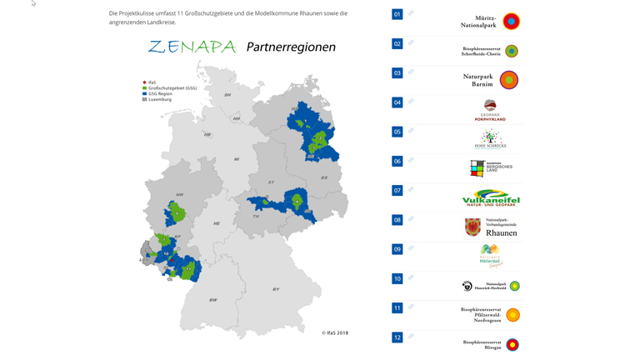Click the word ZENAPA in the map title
192,47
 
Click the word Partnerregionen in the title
291,47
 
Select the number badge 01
397,14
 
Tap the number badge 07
397,191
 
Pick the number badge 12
397,337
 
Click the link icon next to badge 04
411,102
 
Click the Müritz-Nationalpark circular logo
511,22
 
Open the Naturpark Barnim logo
508,80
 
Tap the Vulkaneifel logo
491,197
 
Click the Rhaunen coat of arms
473,227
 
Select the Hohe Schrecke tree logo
490,138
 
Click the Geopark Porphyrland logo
490,109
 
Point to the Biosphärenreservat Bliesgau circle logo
512,345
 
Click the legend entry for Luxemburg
159,99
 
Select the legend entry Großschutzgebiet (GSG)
172,88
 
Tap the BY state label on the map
276,289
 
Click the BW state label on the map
212,300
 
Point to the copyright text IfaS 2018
335,332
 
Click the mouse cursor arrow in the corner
34,4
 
